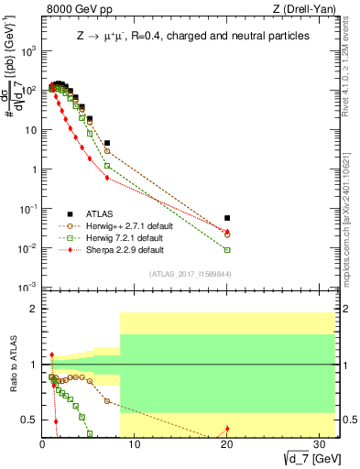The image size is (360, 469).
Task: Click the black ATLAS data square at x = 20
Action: coord(227,218)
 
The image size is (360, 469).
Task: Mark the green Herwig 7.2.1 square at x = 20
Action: coord(227,249)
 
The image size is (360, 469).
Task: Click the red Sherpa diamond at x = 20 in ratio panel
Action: coord(227,429)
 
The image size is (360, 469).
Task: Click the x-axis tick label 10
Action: coord(134,445)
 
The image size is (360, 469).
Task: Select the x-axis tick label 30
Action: coord(320,445)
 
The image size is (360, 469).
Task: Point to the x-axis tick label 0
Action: coord(42,445)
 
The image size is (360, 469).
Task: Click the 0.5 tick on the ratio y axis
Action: coord(29,420)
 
